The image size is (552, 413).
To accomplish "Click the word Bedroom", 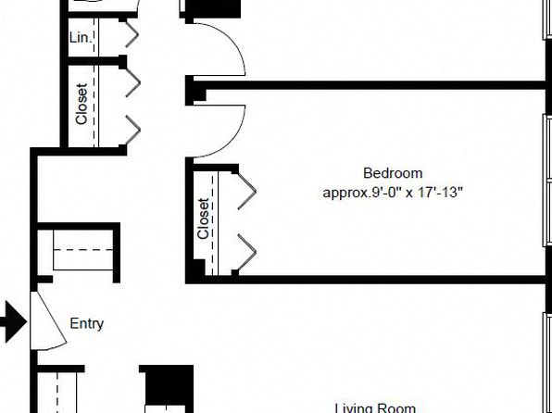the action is click(x=393, y=173).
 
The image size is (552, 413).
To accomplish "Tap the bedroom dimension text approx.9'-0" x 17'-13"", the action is click(x=393, y=193).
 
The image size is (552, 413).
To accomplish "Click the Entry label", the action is click(x=87, y=324).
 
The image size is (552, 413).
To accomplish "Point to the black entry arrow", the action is click(x=13, y=321).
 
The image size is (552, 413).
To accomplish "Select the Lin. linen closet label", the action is click(x=81, y=38).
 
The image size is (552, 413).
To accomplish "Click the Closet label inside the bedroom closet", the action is click(x=204, y=219).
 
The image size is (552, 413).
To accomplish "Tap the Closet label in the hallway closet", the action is click(x=82, y=104).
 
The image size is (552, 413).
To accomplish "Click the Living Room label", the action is click(x=375, y=408).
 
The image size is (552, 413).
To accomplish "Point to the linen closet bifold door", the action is click(x=132, y=34).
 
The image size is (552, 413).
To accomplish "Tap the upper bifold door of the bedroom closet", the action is click(x=247, y=192).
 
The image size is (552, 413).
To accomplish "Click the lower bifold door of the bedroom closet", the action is click(x=247, y=253).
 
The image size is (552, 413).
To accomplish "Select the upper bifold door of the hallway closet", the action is click(x=133, y=83).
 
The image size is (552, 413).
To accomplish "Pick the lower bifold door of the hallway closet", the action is click(x=133, y=130).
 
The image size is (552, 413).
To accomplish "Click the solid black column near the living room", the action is click(x=166, y=385).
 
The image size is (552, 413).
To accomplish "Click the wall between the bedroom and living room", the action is click(x=366, y=280).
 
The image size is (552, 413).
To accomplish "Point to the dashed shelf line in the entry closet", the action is click(x=83, y=250).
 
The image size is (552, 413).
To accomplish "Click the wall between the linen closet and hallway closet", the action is click(x=95, y=61).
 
